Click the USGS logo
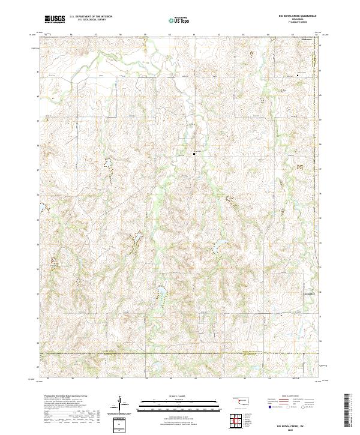(x=55, y=20)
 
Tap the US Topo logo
(x=181, y=20)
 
